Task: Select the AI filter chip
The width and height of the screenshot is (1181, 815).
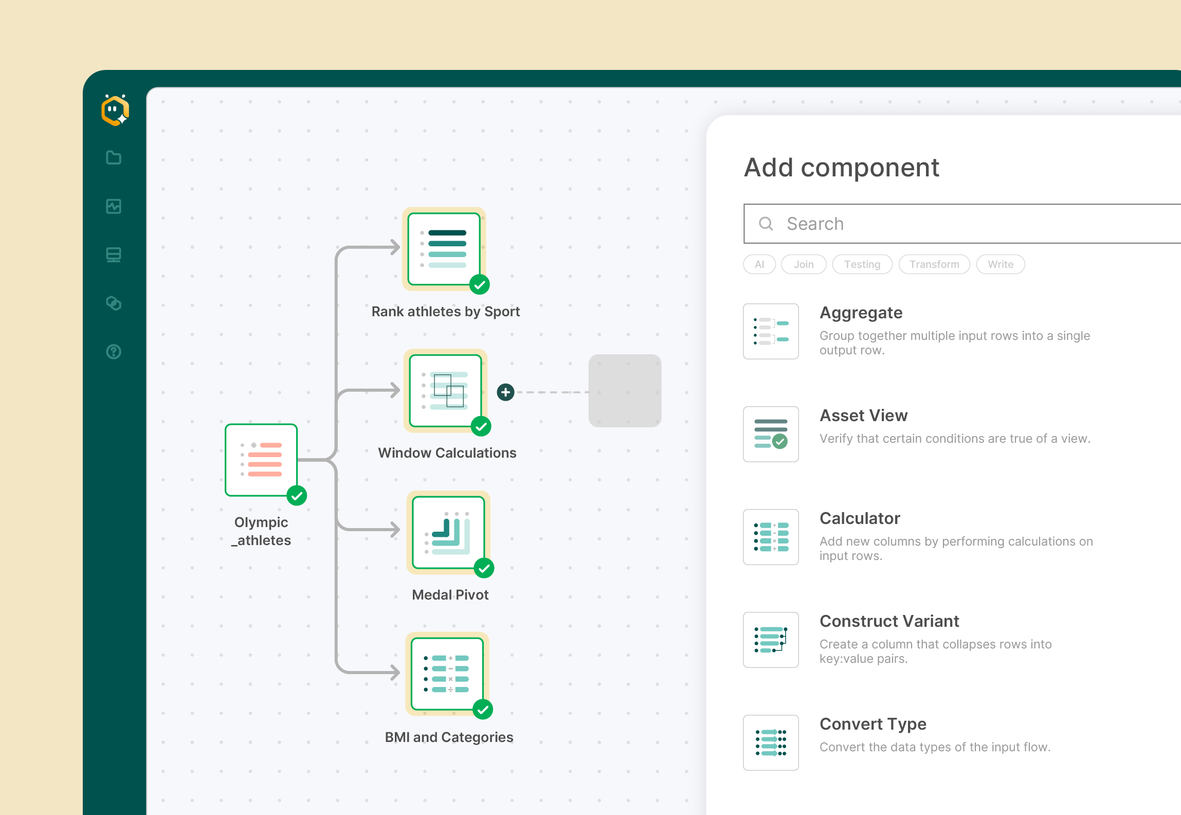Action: (759, 264)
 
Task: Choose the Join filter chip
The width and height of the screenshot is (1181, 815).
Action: (804, 264)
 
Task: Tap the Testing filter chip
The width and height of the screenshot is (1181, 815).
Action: (862, 264)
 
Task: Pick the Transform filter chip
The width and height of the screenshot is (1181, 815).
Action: (934, 264)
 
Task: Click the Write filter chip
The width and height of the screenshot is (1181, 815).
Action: (1001, 264)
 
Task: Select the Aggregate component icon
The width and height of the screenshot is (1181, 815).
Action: (771, 331)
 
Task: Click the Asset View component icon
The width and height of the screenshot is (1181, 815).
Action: (771, 434)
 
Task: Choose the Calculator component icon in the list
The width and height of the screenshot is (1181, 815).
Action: (771, 537)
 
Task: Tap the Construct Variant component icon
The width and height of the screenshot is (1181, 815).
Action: (771, 640)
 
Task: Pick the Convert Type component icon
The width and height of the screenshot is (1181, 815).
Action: (771, 742)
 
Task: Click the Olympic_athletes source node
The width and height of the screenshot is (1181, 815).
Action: (261, 460)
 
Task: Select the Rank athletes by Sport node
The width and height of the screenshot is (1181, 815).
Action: (444, 249)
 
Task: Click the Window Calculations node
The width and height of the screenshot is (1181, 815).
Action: (446, 391)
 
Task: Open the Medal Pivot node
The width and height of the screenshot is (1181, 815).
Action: (448, 533)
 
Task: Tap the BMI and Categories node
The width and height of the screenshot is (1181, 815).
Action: (447, 674)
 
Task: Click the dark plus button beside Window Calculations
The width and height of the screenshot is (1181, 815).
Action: (506, 392)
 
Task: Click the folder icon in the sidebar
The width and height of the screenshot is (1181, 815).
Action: (114, 158)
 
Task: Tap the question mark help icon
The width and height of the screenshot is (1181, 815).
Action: (114, 352)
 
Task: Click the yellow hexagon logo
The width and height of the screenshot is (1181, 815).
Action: (115, 110)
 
